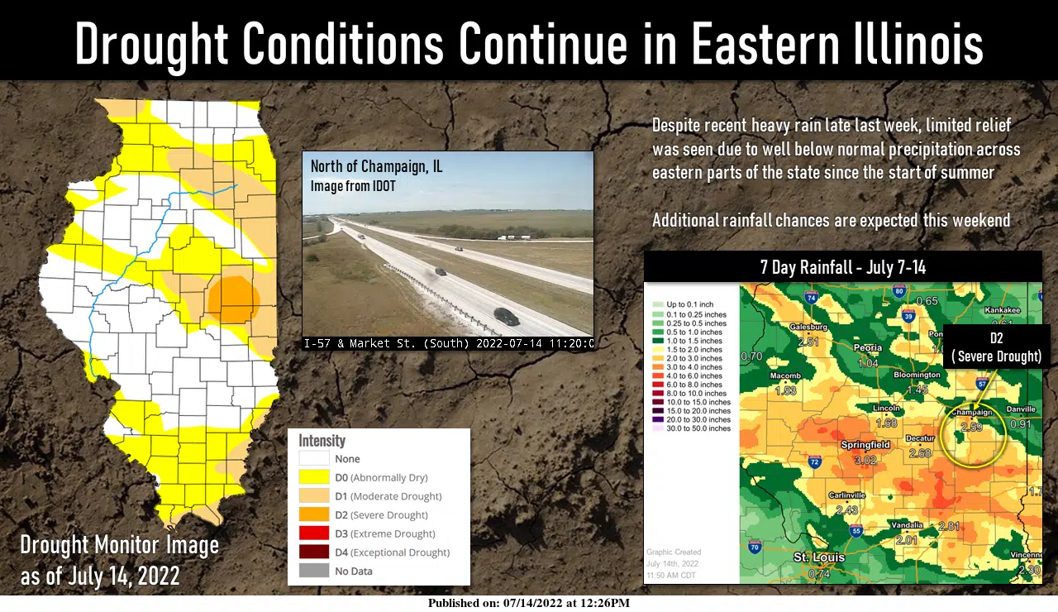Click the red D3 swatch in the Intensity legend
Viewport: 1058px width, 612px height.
click(313, 533)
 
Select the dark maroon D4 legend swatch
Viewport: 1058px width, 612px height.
click(313, 552)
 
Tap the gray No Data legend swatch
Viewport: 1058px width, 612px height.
click(313, 571)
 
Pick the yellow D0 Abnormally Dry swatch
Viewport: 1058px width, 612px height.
click(313, 477)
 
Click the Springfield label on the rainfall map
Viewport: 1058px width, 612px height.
click(865, 445)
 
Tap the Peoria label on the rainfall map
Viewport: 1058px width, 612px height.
click(868, 348)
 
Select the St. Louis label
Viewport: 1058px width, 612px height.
click(819, 557)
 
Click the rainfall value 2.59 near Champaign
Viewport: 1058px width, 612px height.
click(971, 428)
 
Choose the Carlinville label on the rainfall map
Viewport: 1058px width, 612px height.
click(846, 495)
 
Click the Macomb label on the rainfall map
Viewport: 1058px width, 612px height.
click(785, 376)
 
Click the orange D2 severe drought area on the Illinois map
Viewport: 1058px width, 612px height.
click(233, 298)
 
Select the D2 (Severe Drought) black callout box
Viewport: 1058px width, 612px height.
click(996, 347)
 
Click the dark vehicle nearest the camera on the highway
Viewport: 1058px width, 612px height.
click(507, 316)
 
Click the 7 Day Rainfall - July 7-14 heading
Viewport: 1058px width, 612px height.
click(842, 267)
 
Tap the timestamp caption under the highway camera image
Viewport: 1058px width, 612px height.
click(448, 343)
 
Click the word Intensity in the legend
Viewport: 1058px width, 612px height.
click(322, 441)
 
